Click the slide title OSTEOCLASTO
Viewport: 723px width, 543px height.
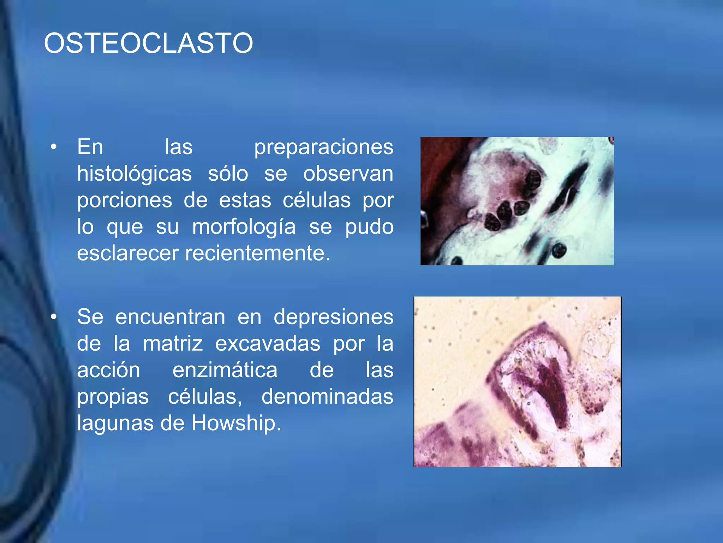coord(148,43)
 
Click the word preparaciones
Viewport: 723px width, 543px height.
coord(323,147)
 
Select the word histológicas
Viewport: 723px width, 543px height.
coord(135,174)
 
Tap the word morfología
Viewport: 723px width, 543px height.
coord(244,227)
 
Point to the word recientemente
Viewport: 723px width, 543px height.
coord(258,253)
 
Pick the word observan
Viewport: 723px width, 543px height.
coord(348,174)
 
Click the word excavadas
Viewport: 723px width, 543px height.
coord(268,343)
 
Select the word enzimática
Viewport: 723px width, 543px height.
coord(225,370)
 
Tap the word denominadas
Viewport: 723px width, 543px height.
coord(327,397)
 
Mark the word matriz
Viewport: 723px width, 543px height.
coord(173,343)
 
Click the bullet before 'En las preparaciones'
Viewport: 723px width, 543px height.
coord(53,147)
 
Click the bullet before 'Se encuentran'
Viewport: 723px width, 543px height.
coord(53,317)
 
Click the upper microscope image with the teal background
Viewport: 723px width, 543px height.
coord(517,201)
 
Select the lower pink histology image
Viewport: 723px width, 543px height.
coord(518,382)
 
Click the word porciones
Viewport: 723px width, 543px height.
coord(125,200)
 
